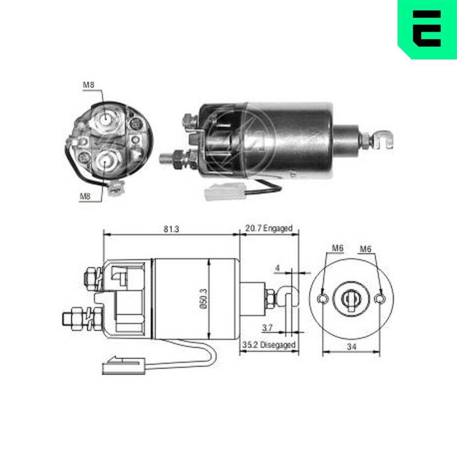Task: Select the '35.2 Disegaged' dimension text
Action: pyautogui.click(x=269, y=345)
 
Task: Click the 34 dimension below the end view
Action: pyautogui.click(x=351, y=347)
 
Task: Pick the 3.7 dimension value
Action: pyautogui.click(x=268, y=328)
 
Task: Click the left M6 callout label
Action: pyautogui.click(x=337, y=248)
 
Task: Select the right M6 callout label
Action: pyautogui.click(x=366, y=248)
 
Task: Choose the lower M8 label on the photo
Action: pyautogui.click(x=85, y=197)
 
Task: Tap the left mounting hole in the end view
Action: pyautogui.click(x=323, y=298)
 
